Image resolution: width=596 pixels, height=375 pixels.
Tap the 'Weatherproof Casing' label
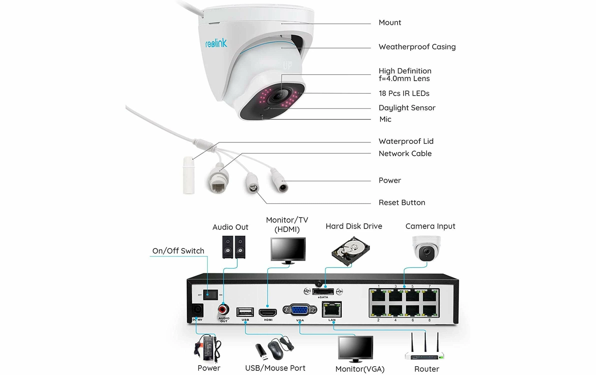coord(417,47)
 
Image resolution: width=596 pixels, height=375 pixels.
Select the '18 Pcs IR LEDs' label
coord(404,93)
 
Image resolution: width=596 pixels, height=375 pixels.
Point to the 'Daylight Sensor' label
coord(407,108)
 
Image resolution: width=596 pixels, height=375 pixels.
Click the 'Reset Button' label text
coord(402,202)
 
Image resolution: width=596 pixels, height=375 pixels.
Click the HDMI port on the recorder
coord(268,312)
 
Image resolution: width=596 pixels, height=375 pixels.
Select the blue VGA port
coord(300,310)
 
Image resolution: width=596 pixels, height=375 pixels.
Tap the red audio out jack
coord(223,309)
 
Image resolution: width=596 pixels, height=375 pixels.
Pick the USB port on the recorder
coord(245,312)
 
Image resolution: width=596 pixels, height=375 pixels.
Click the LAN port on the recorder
coord(332,310)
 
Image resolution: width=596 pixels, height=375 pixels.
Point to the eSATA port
coord(323,291)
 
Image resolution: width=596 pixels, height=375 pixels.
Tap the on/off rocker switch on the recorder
coord(210,295)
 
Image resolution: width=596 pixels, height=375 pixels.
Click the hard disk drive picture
coord(351,251)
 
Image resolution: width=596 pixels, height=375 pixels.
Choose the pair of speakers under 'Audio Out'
coord(234,247)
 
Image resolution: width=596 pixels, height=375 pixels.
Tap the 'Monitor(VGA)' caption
coord(360,369)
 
